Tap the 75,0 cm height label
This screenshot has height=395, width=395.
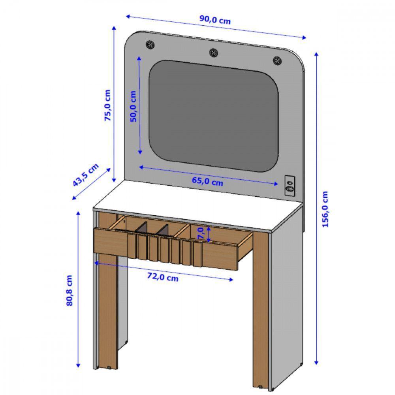(x=108, y=105)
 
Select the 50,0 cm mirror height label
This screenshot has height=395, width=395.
(x=133, y=106)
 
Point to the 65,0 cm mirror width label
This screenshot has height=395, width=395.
(x=207, y=182)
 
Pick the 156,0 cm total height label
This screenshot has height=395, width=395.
(x=325, y=209)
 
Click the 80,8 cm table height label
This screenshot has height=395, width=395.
(x=70, y=290)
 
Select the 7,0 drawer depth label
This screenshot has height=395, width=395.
(x=201, y=233)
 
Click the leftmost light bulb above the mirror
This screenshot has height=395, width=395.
(x=150, y=44)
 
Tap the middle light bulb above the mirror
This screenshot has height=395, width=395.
(x=213, y=52)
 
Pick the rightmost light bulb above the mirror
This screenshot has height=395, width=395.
(x=277, y=60)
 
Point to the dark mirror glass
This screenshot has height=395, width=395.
(x=213, y=115)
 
